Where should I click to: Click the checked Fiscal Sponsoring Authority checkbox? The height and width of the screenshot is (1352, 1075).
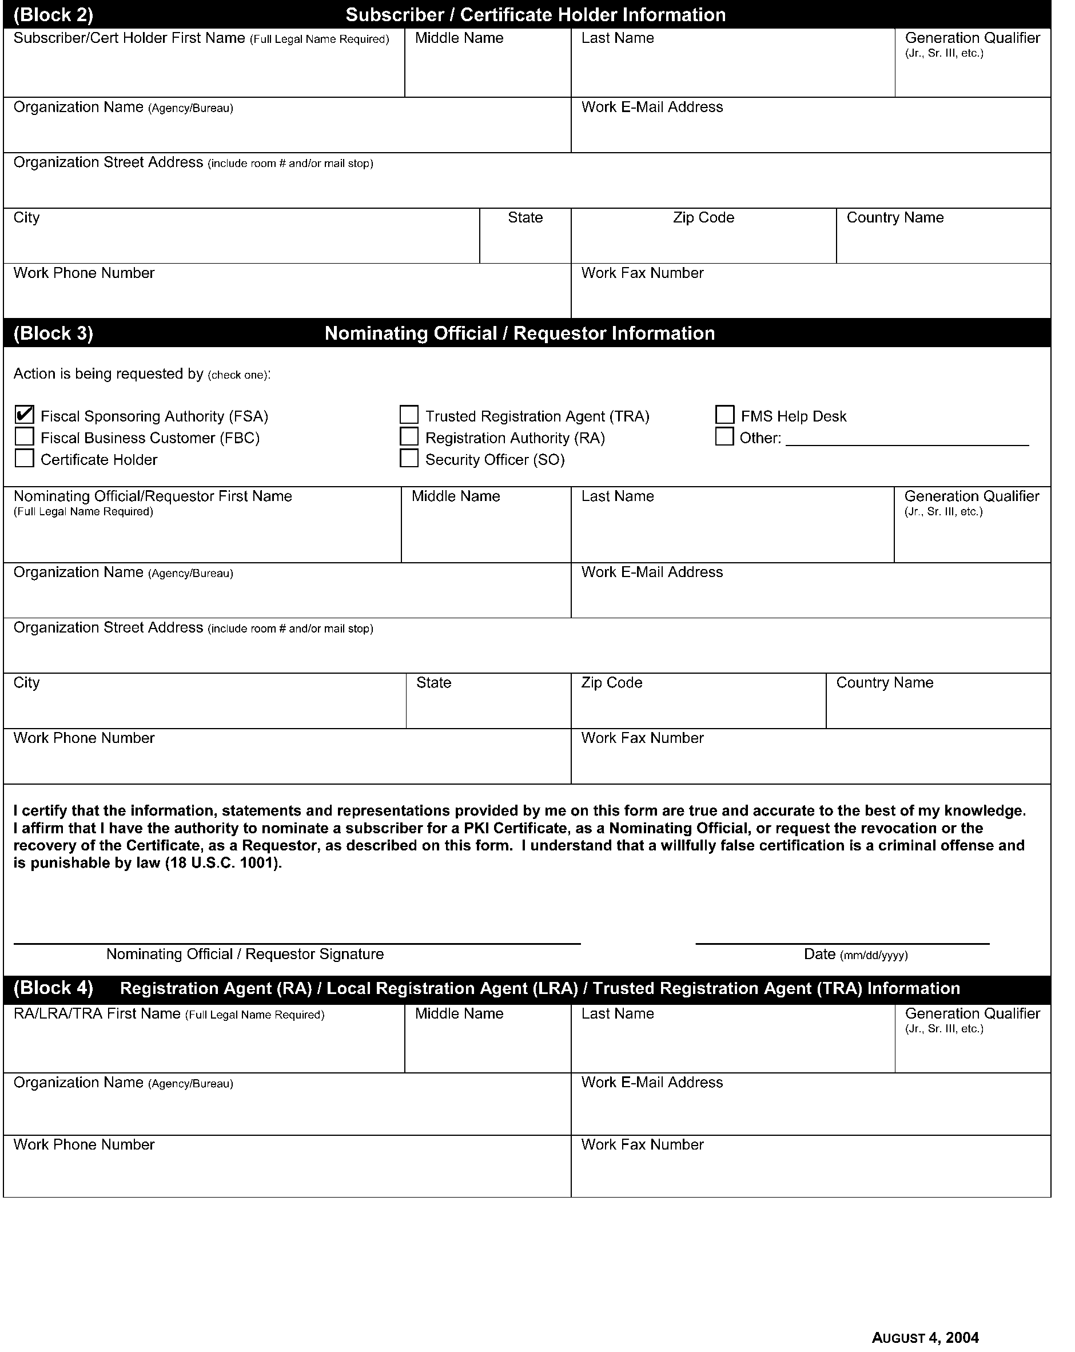click(25, 415)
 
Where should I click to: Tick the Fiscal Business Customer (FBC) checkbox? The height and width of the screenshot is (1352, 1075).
click(25, 436)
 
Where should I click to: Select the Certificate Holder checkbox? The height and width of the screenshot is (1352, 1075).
click(25, 459)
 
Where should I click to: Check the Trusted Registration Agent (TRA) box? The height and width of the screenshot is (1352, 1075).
click(409, 415)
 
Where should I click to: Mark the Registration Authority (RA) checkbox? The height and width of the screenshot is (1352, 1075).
click(409, 436)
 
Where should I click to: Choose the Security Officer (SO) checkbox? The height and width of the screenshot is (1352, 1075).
click(409, 459)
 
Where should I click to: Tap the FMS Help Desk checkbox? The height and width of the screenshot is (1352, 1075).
click(724, 415)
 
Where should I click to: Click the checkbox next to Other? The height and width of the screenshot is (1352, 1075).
click(724, 436)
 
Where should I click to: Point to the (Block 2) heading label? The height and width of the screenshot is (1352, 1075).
click(53, 14)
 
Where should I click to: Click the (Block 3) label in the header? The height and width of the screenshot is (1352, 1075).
click(53, 333)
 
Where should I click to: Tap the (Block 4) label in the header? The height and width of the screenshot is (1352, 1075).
click(53, 988)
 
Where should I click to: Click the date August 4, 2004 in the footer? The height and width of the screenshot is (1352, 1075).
click(925, 1338)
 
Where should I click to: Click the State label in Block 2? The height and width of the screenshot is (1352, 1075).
click(525, 217)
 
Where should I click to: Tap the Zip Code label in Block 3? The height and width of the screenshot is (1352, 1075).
click(611, 682)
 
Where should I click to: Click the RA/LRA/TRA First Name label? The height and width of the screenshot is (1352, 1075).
click(97, 1014)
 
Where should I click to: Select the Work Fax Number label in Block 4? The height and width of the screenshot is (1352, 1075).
click(642, 1144)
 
